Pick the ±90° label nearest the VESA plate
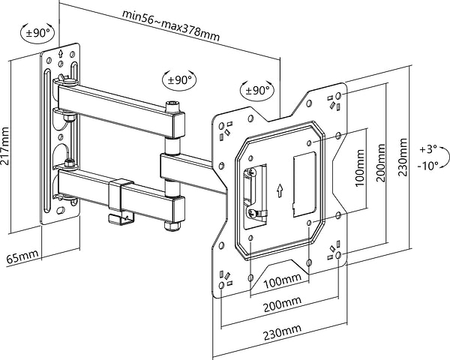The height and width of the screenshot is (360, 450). click(x=256, y=90)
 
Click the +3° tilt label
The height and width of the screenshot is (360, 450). click(x=428, y=148)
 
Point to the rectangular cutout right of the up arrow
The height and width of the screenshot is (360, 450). click(x=301, y=180)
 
